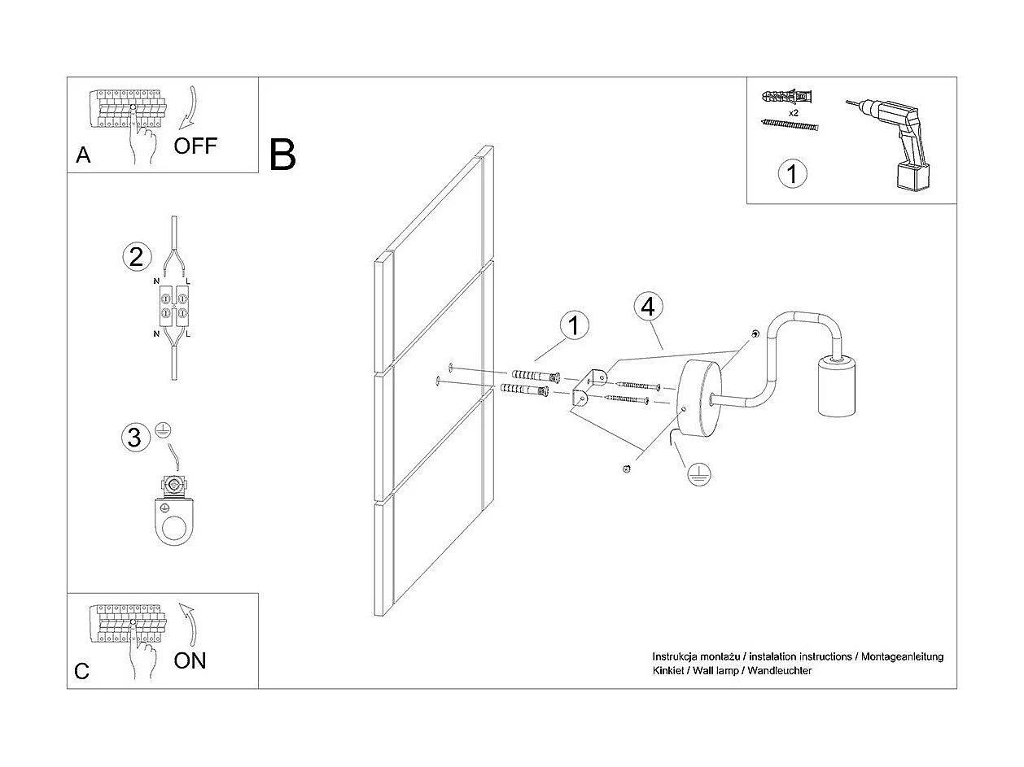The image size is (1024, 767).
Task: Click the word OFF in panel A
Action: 195,146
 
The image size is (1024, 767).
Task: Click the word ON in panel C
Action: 190,660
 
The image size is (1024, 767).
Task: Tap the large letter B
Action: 282,155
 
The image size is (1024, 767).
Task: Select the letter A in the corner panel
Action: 83,155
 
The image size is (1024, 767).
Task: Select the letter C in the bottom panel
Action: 82,671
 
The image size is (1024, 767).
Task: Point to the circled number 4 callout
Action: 648,307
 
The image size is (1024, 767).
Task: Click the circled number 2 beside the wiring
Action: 136,257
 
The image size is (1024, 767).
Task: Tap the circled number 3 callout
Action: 135,438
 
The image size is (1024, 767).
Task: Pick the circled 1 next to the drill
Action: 791,174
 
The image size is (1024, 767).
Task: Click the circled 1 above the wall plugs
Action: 575,325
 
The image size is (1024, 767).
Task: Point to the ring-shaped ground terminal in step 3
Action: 173,521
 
